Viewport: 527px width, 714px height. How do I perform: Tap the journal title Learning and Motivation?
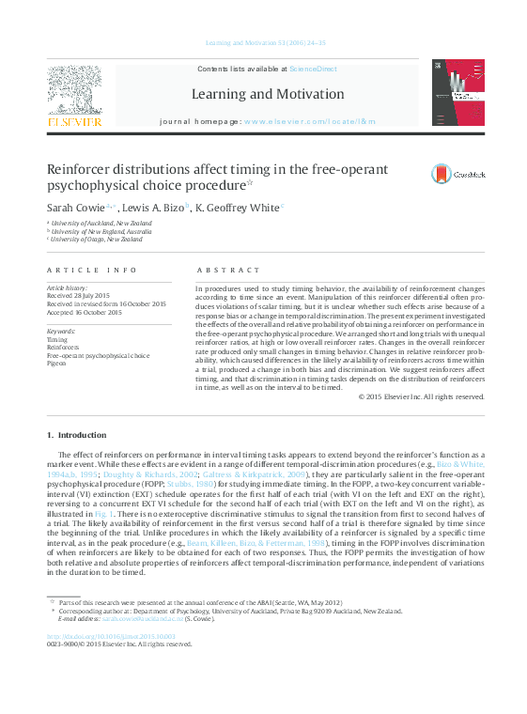click(268, 94)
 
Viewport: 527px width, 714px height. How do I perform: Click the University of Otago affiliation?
click(98, 240)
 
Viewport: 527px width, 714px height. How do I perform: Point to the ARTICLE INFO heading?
click(84, 270)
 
